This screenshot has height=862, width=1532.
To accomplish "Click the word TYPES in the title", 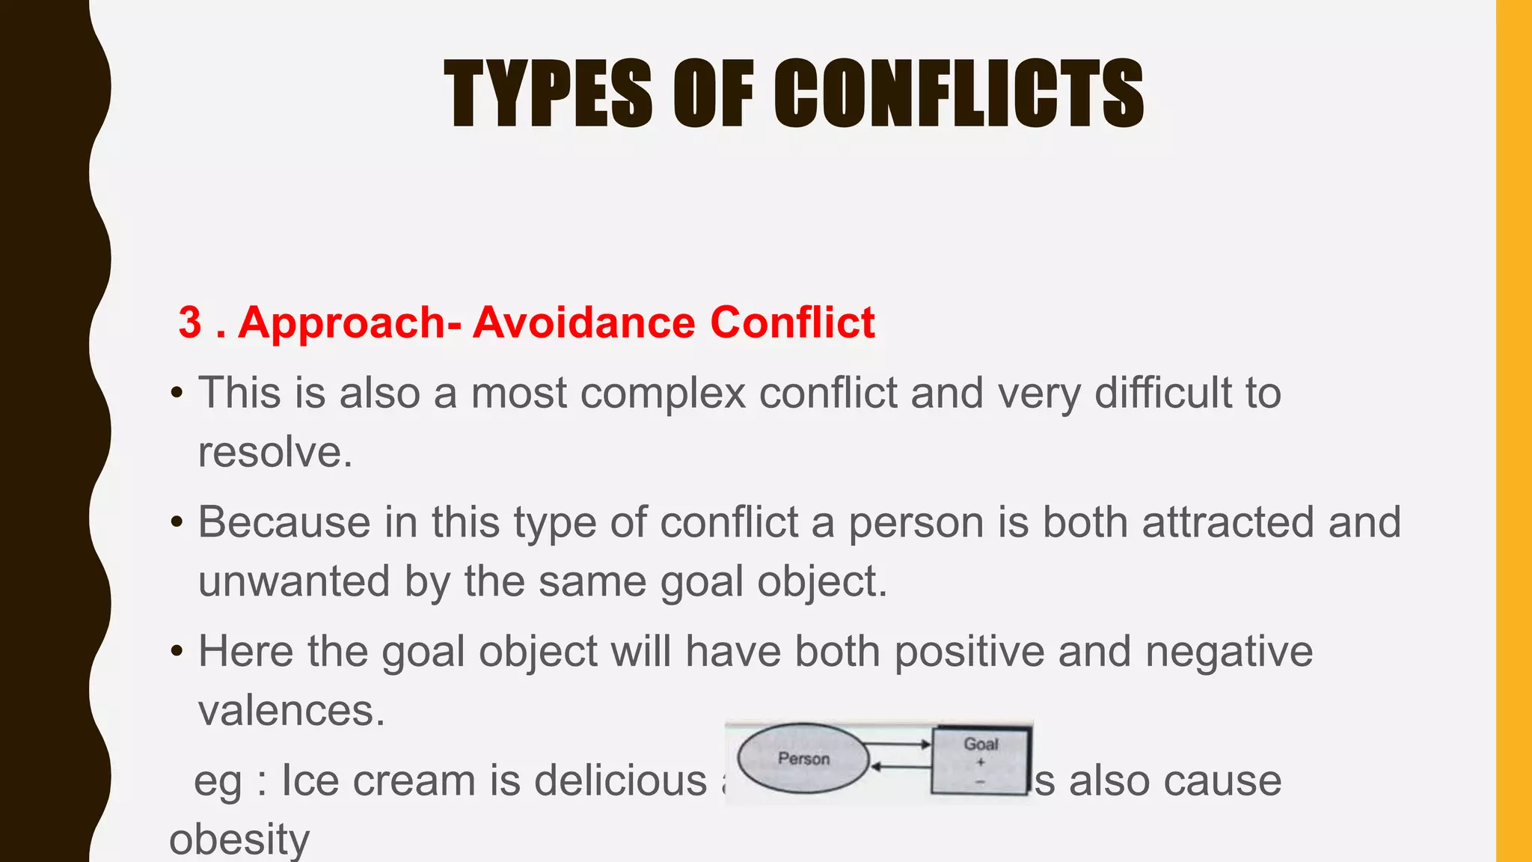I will (x=548, y=94).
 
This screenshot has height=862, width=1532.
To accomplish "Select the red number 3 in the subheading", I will (x=190, y=323).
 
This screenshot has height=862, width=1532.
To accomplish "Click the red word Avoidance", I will (x=584, y=323).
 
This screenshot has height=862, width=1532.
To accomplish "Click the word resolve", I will (x=275, y=452).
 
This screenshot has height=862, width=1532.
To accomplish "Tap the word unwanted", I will (x=294, y=581).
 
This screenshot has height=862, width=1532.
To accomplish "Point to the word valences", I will (x=291, y=710).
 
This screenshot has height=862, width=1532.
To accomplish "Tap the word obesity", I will (x=239, y=840).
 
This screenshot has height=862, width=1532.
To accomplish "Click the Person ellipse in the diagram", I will (x=803, y=759).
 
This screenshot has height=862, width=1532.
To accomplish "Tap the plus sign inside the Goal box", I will (x=981, y=762).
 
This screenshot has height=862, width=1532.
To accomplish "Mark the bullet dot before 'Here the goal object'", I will (x=177, y=651).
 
